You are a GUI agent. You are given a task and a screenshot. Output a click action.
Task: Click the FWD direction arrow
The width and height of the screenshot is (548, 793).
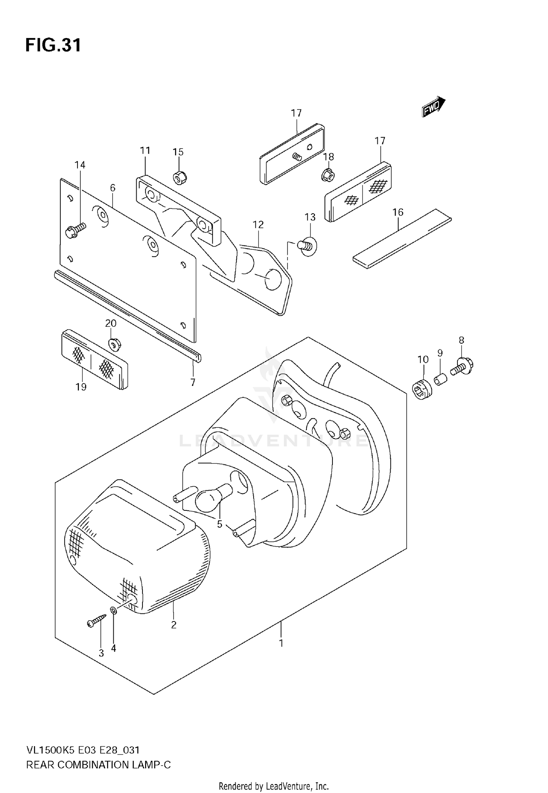434,107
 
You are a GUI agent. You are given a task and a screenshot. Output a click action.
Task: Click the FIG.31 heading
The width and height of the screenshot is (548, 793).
53,46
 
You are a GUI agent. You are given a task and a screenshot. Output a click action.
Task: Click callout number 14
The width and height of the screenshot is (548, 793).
80,165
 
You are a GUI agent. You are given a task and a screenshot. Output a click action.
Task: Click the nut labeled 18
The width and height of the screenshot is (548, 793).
327,175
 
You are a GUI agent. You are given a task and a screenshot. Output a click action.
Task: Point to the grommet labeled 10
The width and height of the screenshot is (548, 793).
422,390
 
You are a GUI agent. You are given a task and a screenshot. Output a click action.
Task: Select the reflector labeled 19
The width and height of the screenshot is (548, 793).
94,359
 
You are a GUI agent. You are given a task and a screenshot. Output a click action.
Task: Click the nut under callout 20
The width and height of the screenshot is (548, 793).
115,343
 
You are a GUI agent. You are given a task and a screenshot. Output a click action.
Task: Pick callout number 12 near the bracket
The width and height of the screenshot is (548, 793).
258,225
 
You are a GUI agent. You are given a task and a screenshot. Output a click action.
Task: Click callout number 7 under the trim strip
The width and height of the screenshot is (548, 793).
193,382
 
